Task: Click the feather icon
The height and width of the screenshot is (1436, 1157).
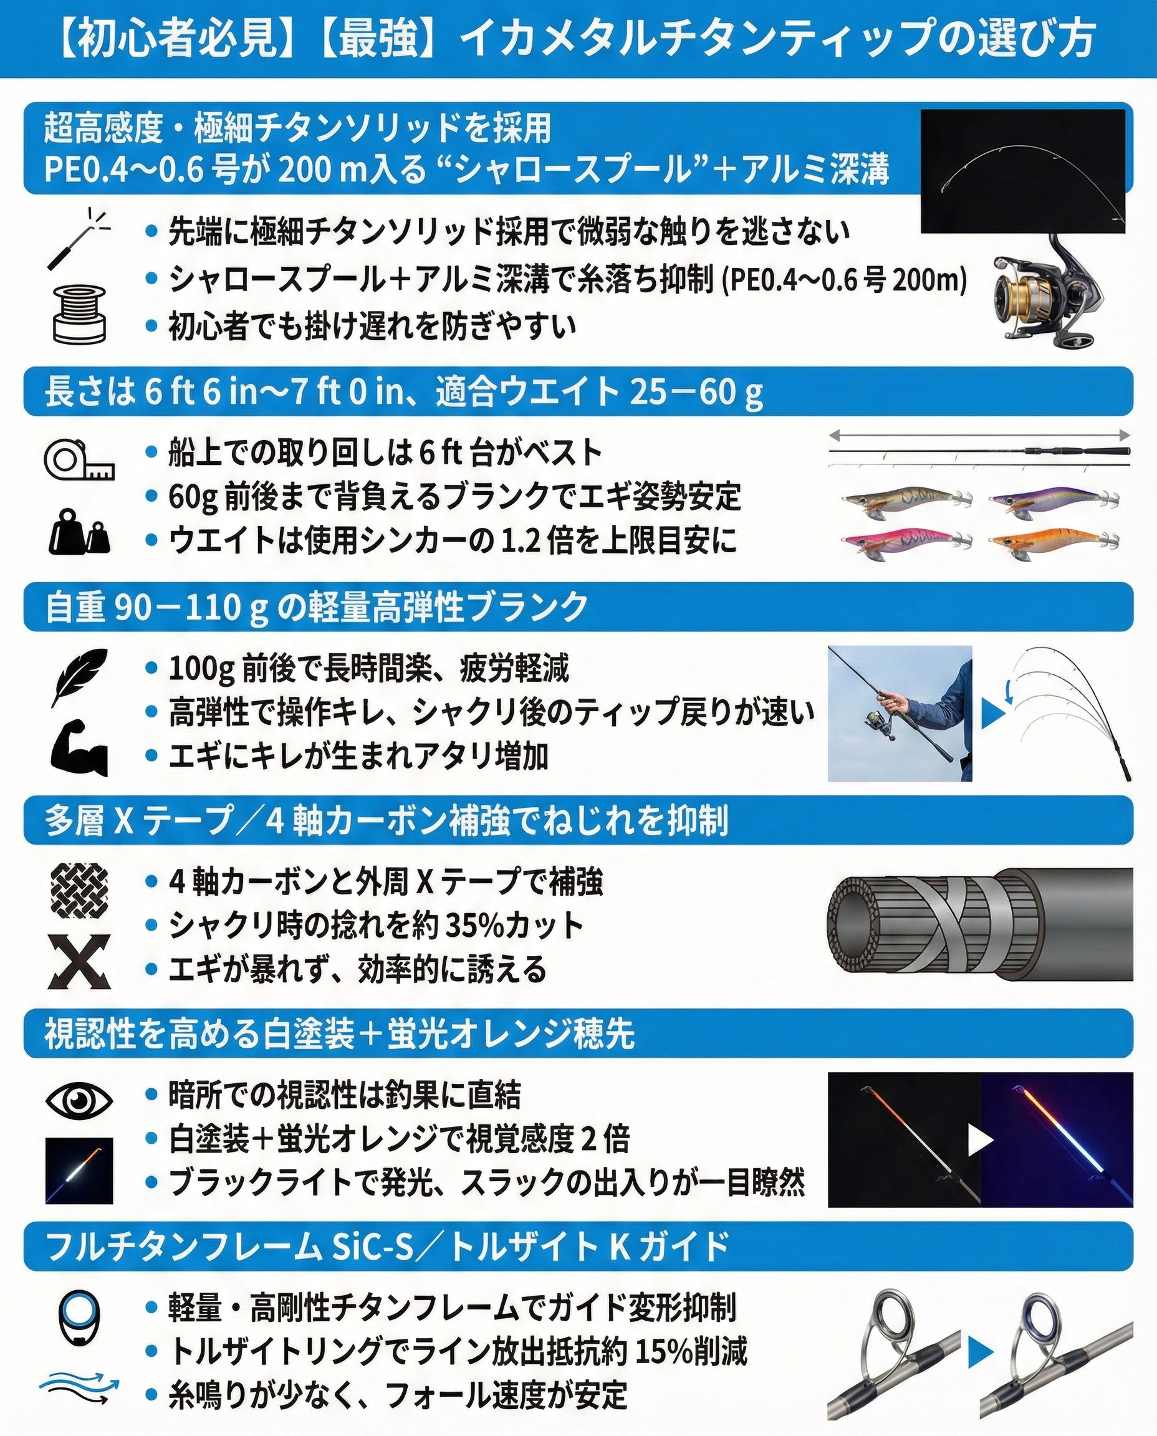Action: pyautogui.click(x=79, y=676)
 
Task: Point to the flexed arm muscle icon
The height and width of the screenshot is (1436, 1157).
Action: pyautogui.click(x=79, y=748)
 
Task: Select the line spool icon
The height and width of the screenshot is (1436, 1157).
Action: pyautogui.click(x=79, y=313)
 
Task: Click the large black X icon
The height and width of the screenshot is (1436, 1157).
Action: pyautogui.click(x=79, y=962)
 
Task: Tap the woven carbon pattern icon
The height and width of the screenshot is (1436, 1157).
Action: pyautogui.click(x=79, y=889)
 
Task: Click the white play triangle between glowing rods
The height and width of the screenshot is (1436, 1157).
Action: pyautogui.click(x=981, y=1140)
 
